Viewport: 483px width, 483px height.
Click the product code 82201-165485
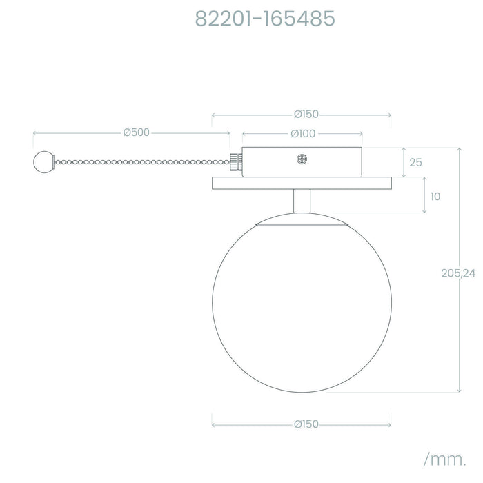tap(265, 19)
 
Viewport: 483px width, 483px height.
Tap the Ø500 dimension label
tap(137, 132)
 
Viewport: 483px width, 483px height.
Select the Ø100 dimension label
tap(303, 134)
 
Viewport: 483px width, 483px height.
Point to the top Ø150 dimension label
tap(306, 115)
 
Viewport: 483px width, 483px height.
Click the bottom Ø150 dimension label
tap(306, 424)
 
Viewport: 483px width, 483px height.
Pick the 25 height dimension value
tap(415, 162)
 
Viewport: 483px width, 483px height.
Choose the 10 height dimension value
tap(435, 197)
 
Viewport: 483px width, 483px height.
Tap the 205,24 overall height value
tap(458, 273)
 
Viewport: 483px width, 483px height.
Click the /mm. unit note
tap(445, 460)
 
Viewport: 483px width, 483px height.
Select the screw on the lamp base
tap(302, 159)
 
